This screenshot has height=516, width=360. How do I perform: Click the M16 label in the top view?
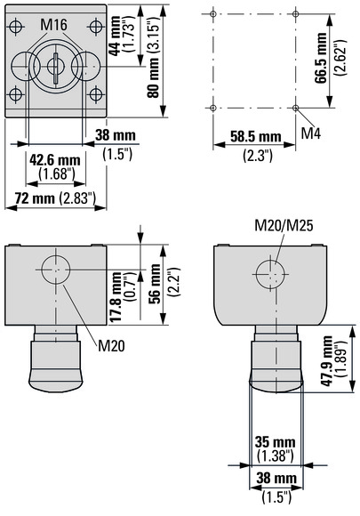54,25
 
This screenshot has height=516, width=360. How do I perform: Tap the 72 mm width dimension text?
35,198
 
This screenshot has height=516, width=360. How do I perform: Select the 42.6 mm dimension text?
55,160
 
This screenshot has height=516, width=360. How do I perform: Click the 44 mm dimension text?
115,36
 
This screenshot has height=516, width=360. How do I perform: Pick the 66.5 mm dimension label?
321,58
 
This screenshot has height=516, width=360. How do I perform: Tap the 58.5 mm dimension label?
256,137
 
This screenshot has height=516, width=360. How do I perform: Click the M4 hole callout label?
311,133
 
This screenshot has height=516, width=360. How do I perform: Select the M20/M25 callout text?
284,226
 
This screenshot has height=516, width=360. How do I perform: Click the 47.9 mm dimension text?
327,361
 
